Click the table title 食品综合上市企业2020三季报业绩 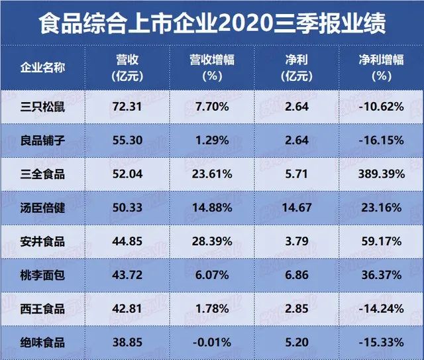click(x=212, y=25)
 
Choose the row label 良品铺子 click(x=43, y=140)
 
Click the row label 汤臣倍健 click(x=43, y=208)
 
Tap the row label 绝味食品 click(x=43, y=343)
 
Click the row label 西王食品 click(x=43, y=309)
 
